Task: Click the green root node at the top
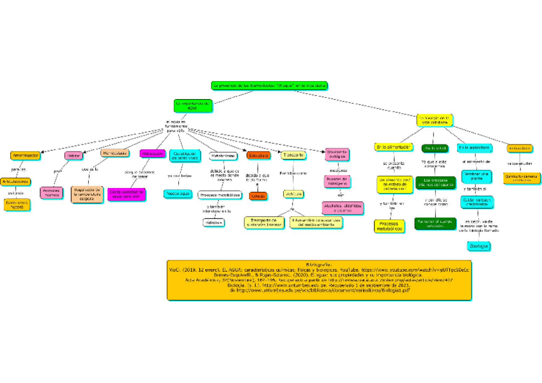[x=269, y=85]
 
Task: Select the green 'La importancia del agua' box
[x=191, y=105]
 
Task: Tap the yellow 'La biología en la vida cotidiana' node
[x=434, y=120]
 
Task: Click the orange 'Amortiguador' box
[x=26, y=155]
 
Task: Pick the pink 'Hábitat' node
[x=74, y=155]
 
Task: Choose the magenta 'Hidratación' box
[x=151, y=154]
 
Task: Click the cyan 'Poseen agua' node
[x=177, y=193]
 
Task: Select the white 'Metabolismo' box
[x=222, y=156]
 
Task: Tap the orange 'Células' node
[x=258, y=196]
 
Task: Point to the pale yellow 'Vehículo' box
[x=293, y=194]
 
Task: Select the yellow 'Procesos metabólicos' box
[x=388, y=226]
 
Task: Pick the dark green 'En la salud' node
[x=435, y=148]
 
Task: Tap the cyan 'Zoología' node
[x=479, y=246]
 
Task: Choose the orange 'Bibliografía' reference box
[x=319, y=279]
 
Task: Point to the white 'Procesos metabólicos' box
[x=219, y=194]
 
